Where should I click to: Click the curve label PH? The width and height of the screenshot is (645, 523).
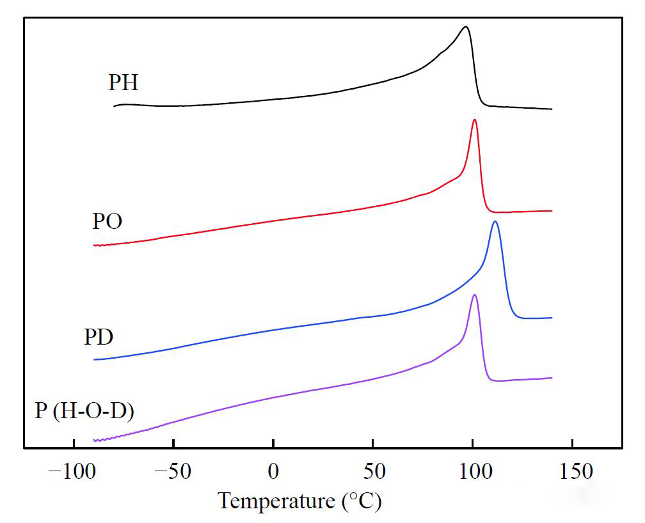click(x=123, y=83)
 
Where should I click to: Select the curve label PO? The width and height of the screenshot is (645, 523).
click(x=107, y=222)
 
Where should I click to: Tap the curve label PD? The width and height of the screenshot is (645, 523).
click(x=99, y=337)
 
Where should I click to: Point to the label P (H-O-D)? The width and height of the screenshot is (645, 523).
click(x=84, y=410)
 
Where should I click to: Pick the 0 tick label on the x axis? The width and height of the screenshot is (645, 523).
click(x=273, y=472)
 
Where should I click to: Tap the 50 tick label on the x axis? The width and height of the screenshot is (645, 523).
click(x=372, y=472)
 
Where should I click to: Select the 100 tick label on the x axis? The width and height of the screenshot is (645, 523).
click(x=472, y=472)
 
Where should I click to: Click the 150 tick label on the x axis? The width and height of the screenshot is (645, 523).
click(x=571, y=472)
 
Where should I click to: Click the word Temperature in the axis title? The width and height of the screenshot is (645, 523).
click(x=276, y=501)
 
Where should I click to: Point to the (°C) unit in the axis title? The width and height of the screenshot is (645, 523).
click(x=360, y=501)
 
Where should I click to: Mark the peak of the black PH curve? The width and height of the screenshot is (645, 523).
click(x=466, y=27)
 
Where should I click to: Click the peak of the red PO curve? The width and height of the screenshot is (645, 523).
click(x=474, y=120)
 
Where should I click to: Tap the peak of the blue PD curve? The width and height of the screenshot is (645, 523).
click(x=495, y=221)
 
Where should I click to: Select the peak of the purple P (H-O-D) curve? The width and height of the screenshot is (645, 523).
click(x=474, y=295)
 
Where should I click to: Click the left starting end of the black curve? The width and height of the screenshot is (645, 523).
click(x=114, y=106)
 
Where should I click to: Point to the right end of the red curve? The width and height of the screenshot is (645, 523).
click(x=552, y=210)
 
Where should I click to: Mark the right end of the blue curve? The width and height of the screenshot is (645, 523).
click(x=552, y=318)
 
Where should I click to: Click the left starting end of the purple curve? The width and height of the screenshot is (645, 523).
click(x=94, y=441)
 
